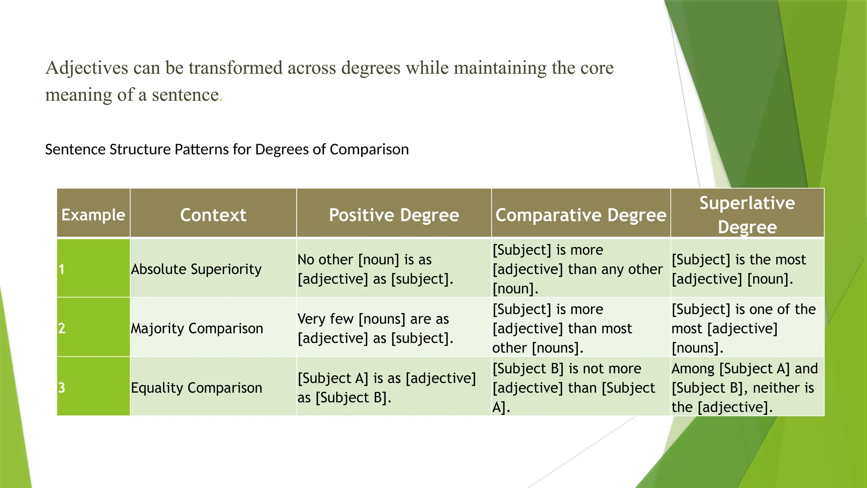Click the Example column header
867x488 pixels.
coord(93,215)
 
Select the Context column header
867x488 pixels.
coord(213,215)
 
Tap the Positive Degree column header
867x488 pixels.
coord(394,215)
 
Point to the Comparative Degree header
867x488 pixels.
coord(581,215)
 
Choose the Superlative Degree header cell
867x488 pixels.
coord(747,214)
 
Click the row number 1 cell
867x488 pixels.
coord(93,269)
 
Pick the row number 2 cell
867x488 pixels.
coord(93,328)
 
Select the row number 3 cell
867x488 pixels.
coord(93,388)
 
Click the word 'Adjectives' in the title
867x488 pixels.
coord(87,68)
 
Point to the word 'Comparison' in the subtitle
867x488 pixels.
coord(369,150)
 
